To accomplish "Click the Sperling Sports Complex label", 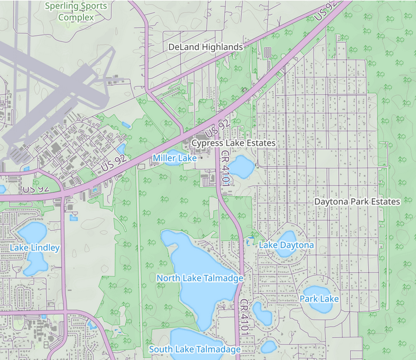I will point(76,12).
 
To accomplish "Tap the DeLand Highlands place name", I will point(205,47).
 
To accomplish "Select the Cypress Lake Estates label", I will point(233,143).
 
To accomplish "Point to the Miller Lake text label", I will point(175,158).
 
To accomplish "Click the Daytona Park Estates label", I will point(357,202).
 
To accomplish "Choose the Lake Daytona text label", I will point(286,245).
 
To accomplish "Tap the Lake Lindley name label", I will point(35,248).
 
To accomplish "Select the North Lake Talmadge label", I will point(200,278).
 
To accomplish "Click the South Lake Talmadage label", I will point(195,350).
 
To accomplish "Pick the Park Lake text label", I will point(319,299).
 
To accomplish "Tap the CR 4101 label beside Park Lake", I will point(245,316).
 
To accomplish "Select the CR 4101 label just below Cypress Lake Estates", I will point(226,167).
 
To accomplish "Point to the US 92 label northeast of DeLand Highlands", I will point(326,12).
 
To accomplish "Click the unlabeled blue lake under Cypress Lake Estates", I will point(242,166).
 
